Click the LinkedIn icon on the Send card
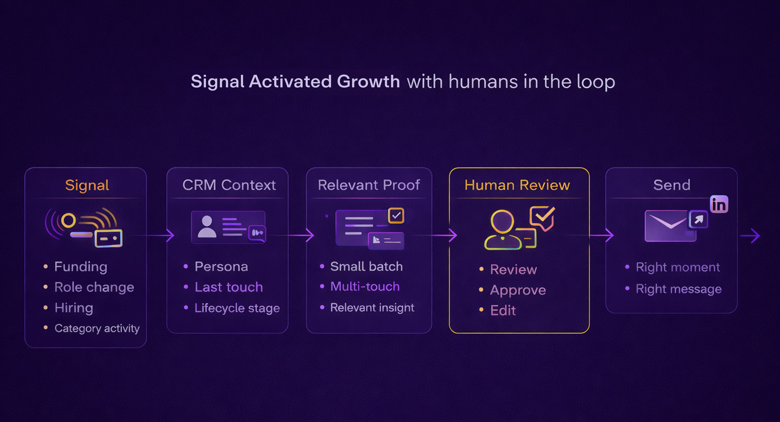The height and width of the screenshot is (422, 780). coord(719,205)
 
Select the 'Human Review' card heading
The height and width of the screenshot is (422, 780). coord(517,185)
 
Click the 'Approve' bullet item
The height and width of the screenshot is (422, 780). coord(518,290)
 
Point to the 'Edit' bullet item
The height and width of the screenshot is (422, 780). coord(503,310)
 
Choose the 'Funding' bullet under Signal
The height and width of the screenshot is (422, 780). coord(80,267)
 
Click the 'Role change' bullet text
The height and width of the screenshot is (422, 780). coord(94,287)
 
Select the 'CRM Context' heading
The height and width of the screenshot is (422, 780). coord(229,185)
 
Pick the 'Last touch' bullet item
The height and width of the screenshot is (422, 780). coord(229,287)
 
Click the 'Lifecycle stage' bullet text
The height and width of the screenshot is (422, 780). coord(237,308)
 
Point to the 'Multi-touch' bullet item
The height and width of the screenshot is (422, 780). coord(365,286)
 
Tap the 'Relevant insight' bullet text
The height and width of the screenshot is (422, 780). coord(372,307)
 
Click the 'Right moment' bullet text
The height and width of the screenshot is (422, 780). coord(678,267)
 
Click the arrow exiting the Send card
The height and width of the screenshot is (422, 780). coord(751,236)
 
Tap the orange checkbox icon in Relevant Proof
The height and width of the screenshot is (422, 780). coord(396,216)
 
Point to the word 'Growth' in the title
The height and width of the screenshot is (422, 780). coord(368,82)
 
